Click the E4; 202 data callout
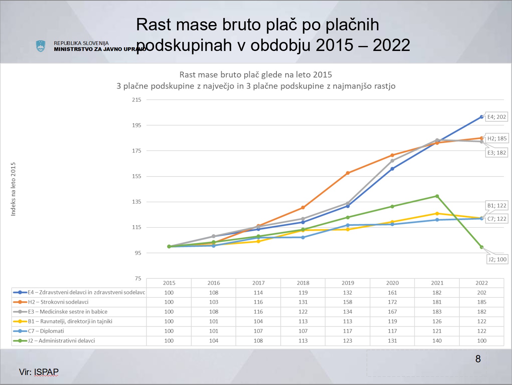(x=496, y=117)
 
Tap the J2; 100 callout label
(x=497, y=259)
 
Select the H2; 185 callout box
(x=497, y=139)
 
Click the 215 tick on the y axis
(x=137, y=100)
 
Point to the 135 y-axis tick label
(x=137, y=202)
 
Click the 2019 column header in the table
(x=348, y=283)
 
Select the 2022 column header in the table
(x=482, y=283)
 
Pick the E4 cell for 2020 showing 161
(x=392, y=292)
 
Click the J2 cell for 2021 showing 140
(x=437, y=341)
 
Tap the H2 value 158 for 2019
(x=348, y=302)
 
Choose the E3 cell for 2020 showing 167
(x=392, y=312)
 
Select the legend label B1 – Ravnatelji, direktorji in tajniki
(x=70, y=321)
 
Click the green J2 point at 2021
(x=437, y=196)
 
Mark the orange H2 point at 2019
(x=348, y=173)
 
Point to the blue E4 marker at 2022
(x=482, y=117)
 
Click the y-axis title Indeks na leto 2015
(x=13, y=189)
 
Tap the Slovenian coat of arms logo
(x=41, y=46)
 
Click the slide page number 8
(x=478, y=359)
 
